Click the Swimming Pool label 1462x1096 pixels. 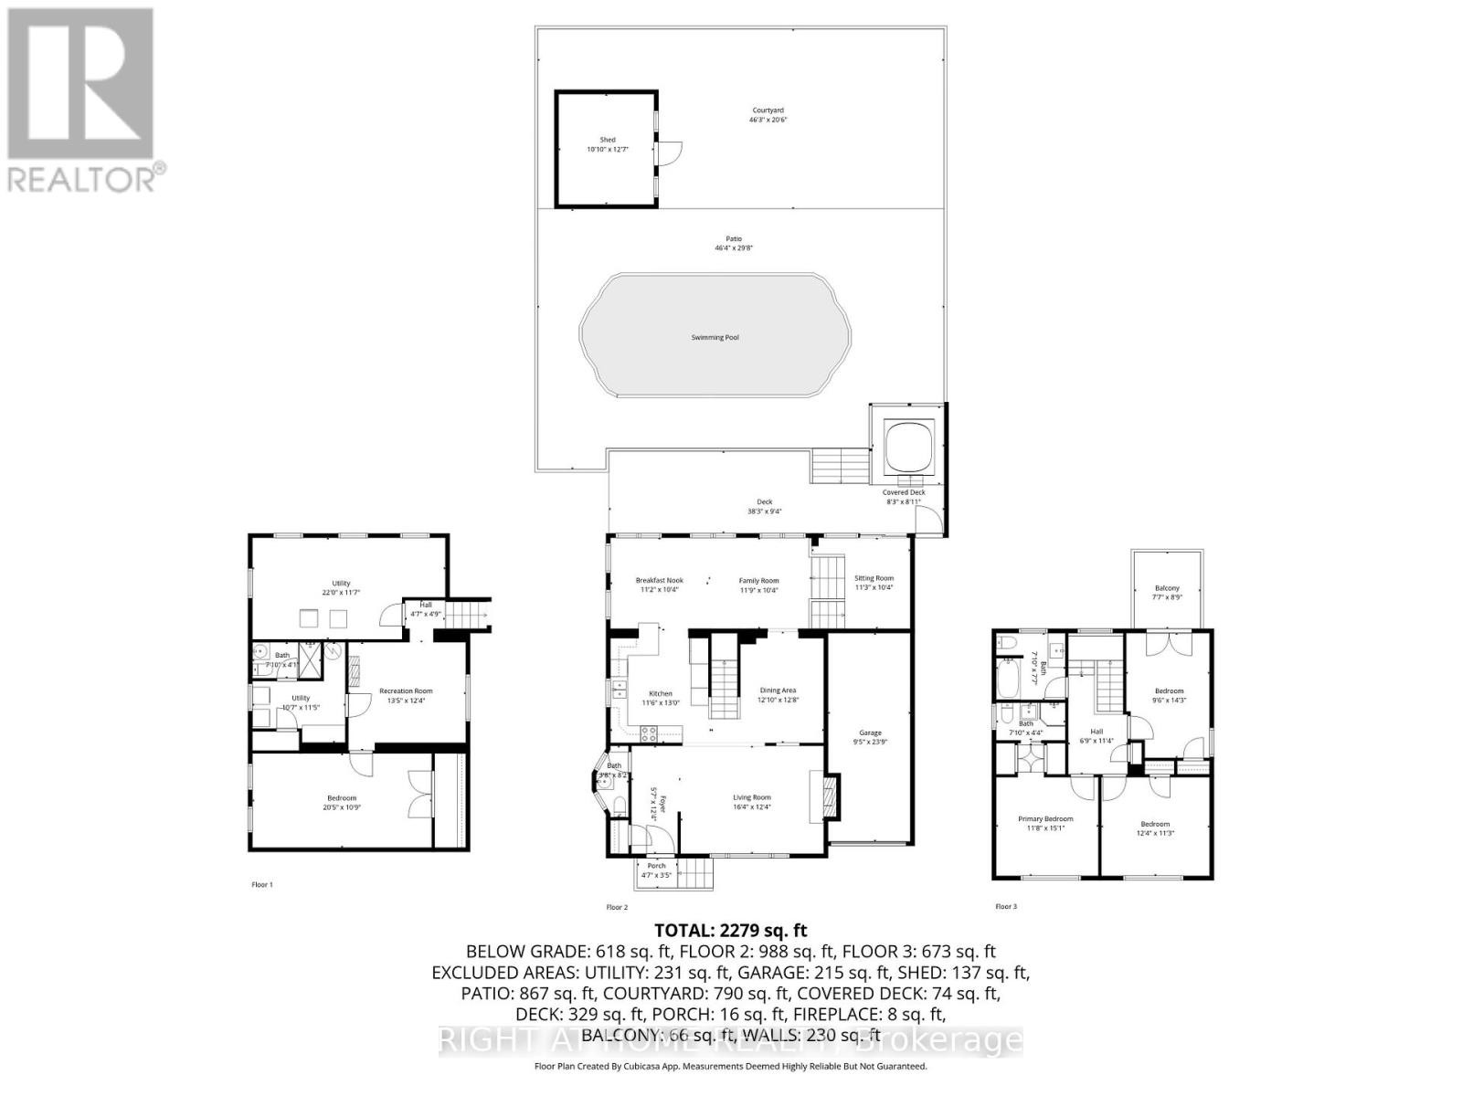coord(715,337)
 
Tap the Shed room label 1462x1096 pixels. coord(607,140)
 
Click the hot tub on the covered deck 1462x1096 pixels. coord(909,445)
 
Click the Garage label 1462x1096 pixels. coord(870,732)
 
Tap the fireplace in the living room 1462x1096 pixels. coord(830,796)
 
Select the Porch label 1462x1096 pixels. coord(656,866)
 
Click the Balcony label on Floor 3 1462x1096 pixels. coord(1167,588)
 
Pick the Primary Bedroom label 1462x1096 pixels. coord(1045,819)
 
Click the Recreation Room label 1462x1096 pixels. coord(405,691)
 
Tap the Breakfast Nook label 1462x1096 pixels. coord(659,580)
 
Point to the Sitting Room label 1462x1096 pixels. coord(874,578)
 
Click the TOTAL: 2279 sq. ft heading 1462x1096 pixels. coord(730,931)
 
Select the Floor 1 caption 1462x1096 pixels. coord(262,884)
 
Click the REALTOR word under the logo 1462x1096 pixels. coord(82,179)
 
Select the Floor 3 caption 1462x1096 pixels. coord(1005,906)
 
